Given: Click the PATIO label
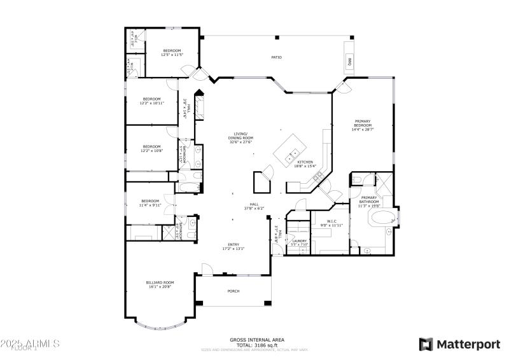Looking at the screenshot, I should (x=276, y=58).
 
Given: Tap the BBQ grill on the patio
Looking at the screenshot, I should (x=349, y=62).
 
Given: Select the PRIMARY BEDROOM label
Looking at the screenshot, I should (x=362, y=125).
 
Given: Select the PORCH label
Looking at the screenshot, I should (x=234, y=291).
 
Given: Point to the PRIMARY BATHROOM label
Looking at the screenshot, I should (x=369, y=202).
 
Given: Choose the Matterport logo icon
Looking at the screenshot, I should (x=426, y=344).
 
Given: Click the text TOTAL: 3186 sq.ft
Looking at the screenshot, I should (x=257, y=345).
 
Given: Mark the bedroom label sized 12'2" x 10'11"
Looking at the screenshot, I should (x=153, y=100).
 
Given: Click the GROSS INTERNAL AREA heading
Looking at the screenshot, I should (x=257, y=339).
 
